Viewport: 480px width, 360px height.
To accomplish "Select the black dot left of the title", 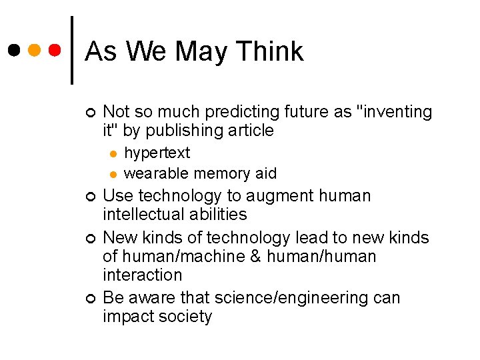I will (15, 50).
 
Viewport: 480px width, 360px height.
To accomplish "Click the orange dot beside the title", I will (35, 50).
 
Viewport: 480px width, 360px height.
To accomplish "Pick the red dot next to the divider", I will (55, 50).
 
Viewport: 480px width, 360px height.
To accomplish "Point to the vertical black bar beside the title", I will (72, 50).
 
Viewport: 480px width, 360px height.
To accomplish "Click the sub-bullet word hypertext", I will (157, 153).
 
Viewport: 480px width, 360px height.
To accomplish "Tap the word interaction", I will (142, 275).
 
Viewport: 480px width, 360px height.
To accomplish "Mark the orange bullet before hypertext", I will (113, 154).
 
